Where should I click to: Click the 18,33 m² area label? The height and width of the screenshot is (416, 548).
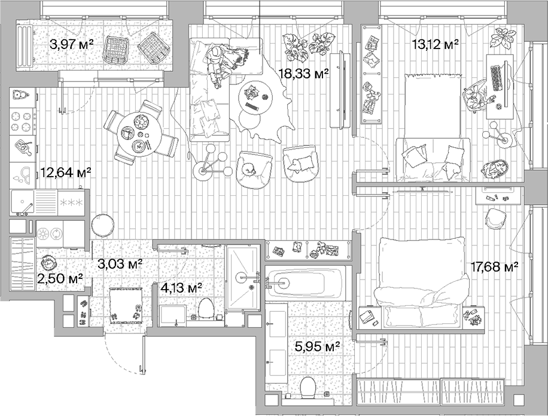pyautogui.click(x=305, y=74)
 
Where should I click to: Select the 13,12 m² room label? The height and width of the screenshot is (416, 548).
pyautogui.click(x=435, y=43)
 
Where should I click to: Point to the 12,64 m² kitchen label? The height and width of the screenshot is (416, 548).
pyautogui.click(x=66, y=174)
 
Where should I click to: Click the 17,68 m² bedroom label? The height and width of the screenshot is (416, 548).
pyautogui.click(x=494, y=267)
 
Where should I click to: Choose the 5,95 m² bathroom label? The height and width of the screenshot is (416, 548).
pyautogui.click(x=317, y=346)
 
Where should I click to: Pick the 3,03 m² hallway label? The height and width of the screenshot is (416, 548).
pyautogui.click(x=120, y=263)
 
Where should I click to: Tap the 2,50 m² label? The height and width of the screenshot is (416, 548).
pyautogui.click(x=60, y=278)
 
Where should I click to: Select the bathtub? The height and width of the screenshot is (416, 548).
pyautogui.click(x=305, y=283)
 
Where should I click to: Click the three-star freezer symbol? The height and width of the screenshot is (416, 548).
pyautogui.click(x=72, y=203)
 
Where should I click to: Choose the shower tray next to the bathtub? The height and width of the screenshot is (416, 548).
pyautogui.click(x=242, y=277)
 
